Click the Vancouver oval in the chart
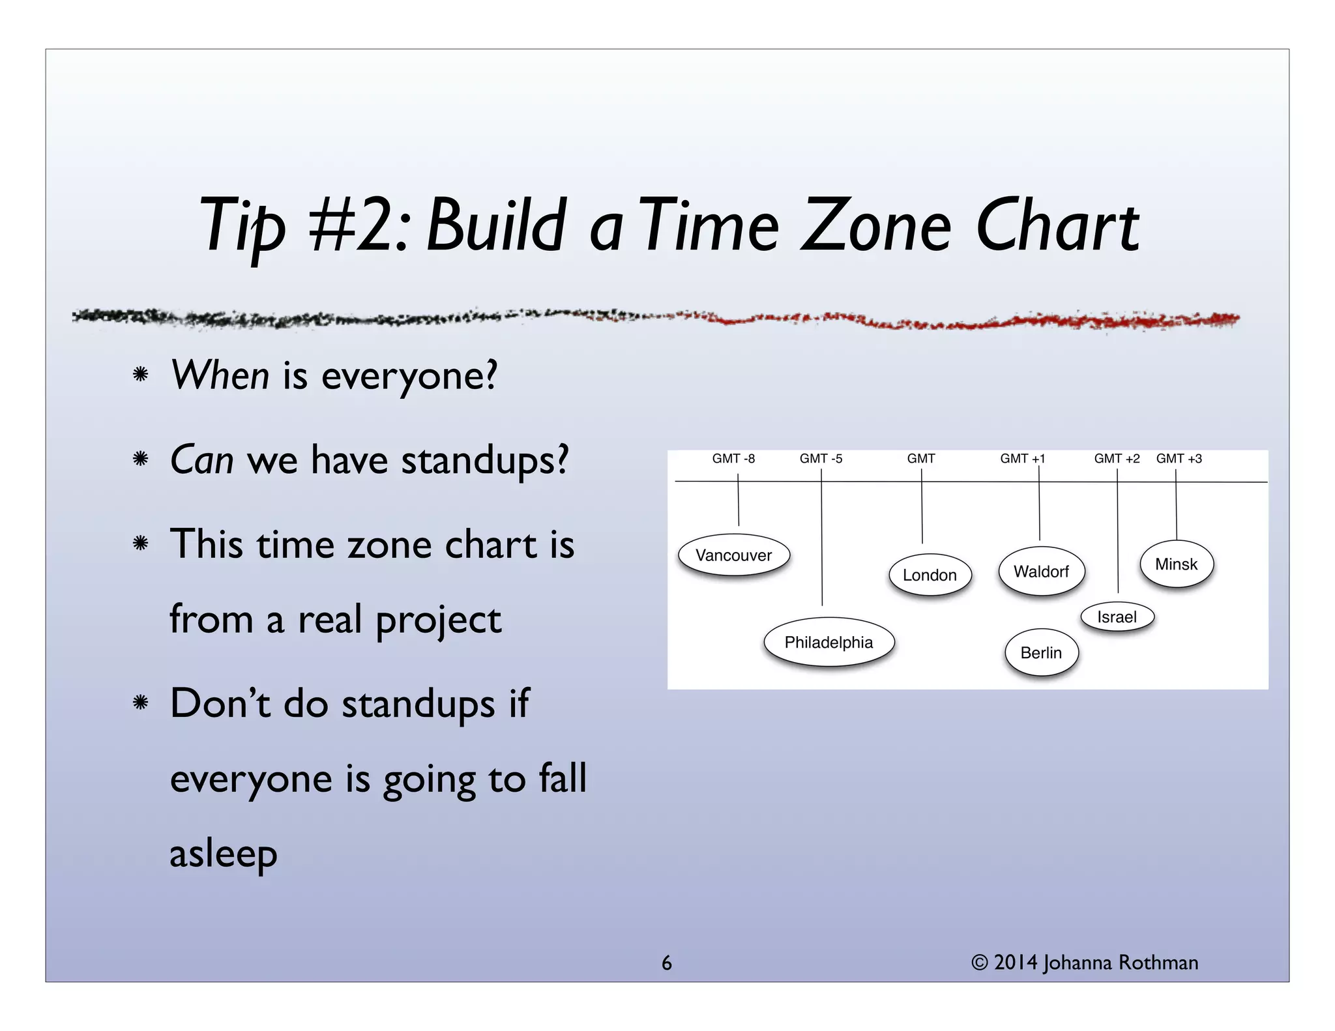point(734,555)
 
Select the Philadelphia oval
point(829,643)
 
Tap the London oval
point(930,575)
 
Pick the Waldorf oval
point(1041,572)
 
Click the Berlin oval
point(1041,652)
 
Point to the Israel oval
point(1117,617)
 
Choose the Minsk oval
point(1176,564)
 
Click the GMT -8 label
point(733,459)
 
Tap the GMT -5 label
point(821,459)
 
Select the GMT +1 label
point(1022,459)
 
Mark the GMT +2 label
point(1117,459)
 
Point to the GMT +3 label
point(1179,459)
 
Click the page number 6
point(666,963)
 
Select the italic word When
point(220,376)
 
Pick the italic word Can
point(201,460)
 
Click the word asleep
point(224,854)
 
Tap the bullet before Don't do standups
point(140,703)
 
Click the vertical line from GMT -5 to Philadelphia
point(821,541)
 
